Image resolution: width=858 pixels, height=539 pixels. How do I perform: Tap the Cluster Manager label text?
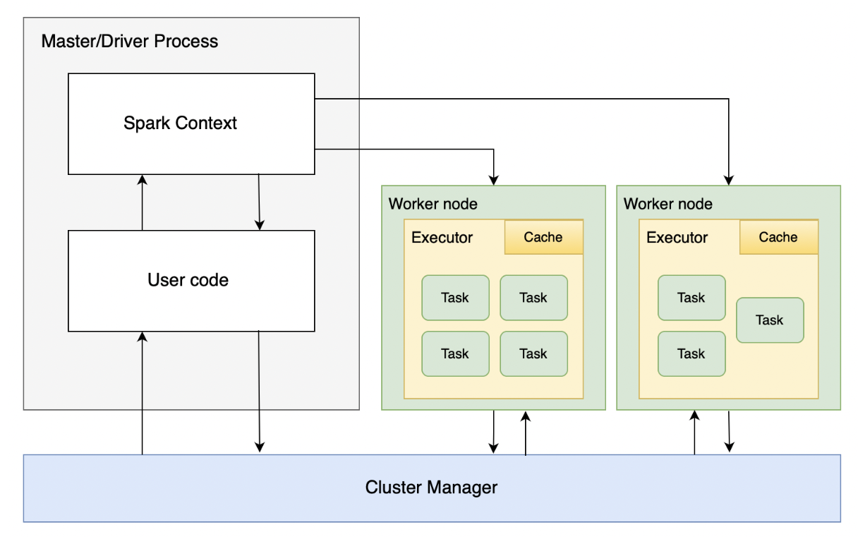click(x=431, y=487)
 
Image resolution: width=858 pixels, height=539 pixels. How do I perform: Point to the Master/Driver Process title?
click(x=130, y=41)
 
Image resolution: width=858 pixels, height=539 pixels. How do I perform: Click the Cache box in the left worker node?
click(x=543, y=237)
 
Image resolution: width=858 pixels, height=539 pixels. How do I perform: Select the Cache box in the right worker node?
click(x=778, y=237)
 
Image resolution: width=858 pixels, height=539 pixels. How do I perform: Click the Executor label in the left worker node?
click(x=442, y=238)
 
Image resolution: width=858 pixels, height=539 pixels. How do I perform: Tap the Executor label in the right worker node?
click(x=677, y=238)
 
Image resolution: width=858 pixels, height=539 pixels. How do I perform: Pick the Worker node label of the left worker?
click(x=433, y=204)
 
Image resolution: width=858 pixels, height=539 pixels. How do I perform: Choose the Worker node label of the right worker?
click(x=667, y=204)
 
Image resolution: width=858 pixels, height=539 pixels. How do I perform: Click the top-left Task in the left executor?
click(x=455, y=298)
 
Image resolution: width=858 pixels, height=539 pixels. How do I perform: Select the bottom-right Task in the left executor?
click(x=533, y=353)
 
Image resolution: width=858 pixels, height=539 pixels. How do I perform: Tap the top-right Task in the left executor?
click(x=533, y=298)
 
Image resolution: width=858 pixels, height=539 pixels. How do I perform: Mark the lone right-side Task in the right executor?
click(x=769, y=320)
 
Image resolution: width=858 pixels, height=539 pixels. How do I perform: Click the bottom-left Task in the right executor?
click(x=691, y=353)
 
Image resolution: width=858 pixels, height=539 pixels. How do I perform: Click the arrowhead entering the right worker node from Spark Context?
click(x=729, y=179)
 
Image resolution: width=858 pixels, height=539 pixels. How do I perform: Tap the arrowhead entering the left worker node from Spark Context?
click(x=495, y=179)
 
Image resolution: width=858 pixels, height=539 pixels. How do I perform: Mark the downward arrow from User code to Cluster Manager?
click(x=259, y=392)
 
